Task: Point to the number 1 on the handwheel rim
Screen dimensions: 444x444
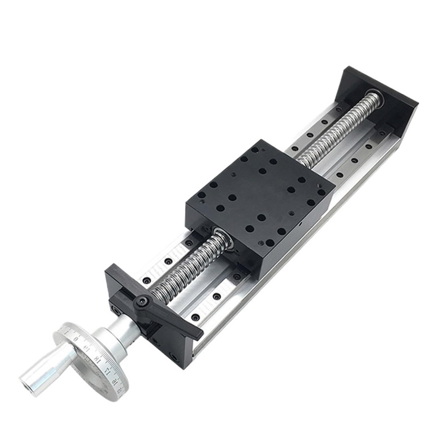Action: click(x=66, y=332)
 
